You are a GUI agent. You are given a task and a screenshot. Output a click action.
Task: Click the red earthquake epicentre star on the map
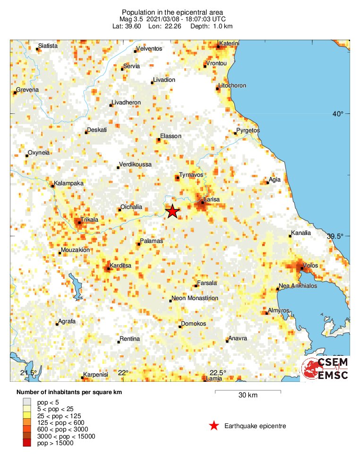click(172, 211)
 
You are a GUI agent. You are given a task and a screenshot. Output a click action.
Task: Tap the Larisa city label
click(211, 199)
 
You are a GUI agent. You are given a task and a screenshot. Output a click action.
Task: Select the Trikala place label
click(89, 220)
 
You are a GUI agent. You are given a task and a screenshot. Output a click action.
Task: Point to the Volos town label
click(311, 266)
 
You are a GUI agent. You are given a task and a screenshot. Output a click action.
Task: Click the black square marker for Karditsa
click(108, 269)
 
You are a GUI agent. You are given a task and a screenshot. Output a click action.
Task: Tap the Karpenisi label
click(96, 375)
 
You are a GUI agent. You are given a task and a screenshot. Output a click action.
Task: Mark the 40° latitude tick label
click(337, 113)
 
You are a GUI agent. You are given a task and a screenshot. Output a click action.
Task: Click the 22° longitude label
click(123, 373)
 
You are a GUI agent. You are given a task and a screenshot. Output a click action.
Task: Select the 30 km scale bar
click(248, 391)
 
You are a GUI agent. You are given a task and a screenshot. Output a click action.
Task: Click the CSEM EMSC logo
click(326, 369)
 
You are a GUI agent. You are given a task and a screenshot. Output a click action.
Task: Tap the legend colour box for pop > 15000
click(27, 443)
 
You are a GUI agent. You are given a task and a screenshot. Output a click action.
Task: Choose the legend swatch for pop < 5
click(27, 401)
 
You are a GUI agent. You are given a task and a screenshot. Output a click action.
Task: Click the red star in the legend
click(214, 426)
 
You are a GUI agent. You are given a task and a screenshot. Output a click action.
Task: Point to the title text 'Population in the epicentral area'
click(172, 12)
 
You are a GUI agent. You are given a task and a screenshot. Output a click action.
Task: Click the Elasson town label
click(171, 136)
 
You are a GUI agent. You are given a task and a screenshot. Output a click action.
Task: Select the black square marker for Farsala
click(196, 286)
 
